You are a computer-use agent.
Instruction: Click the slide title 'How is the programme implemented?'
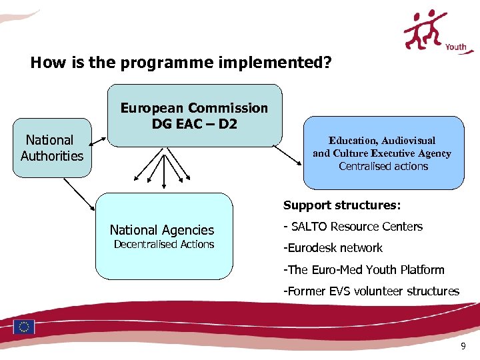tap(181, 63)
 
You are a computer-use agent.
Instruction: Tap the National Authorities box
tap(52, 148)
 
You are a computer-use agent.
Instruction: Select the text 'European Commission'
tap(194, 108)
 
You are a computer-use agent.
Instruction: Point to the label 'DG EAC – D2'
tap(194, 124)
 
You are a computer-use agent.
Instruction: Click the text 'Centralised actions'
tap(383, 167)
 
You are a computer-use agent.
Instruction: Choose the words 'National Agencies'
tap(162, 230)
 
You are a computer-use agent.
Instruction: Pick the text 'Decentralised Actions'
tap(164, 245)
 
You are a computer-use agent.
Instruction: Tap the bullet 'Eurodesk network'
tap(333, 248)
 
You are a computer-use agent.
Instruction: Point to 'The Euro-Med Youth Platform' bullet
tap(364, 270)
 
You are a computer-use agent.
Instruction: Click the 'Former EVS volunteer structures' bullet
tap(371, 291)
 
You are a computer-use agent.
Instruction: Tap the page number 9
tap(463, 347)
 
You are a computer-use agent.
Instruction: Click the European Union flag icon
tap(25, 327)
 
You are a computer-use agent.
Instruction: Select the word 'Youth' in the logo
tap(455, 47)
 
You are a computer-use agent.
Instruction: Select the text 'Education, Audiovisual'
tap(382, 141)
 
